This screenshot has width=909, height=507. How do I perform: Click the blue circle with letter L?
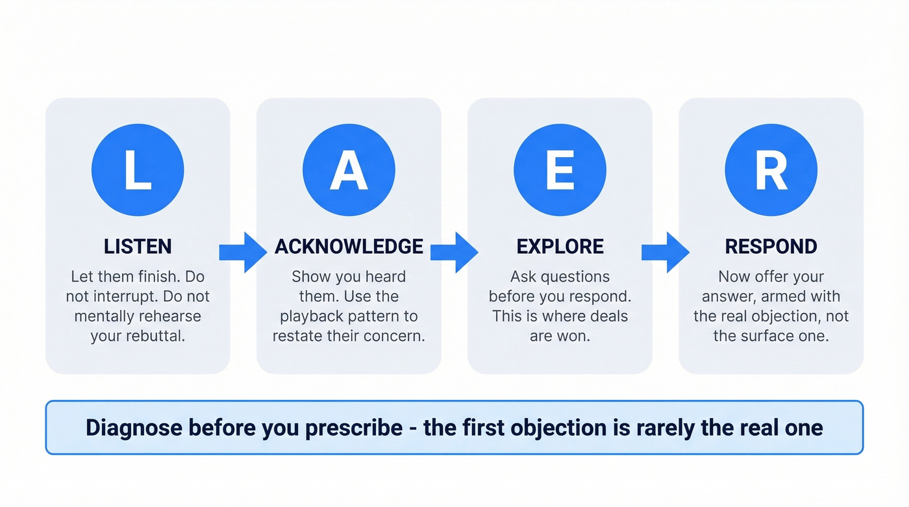(138, 170)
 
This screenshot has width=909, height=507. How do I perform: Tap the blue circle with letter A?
(349, 170)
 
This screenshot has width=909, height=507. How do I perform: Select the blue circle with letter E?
(560, 170)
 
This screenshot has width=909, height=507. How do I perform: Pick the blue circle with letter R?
(771, 170)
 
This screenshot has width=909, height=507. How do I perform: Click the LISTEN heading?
(138, 247)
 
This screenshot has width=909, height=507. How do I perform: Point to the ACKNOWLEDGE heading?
(349, 247)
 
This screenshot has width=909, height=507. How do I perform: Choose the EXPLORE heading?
(560, 247)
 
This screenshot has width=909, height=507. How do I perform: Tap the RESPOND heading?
(771, 247)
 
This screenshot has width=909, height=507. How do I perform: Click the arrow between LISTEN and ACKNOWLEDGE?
(242, 252)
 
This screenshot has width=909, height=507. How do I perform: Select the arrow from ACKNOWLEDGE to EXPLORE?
(453, 252)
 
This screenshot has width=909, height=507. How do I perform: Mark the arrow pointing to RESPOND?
(664, 252)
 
